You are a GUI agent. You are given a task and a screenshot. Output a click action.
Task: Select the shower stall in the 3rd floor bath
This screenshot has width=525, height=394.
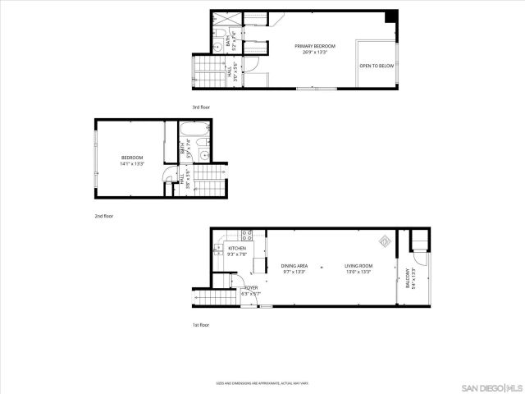pyautogui.click(x=221, y=19)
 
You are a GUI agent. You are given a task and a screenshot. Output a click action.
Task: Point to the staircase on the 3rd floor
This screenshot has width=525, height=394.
pyautogui.click(x=210, y=71)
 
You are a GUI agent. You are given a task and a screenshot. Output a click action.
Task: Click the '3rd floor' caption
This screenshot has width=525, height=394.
pyautogui.click(x=202, y=108)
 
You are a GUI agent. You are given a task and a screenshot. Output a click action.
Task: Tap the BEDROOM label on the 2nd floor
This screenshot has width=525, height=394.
pyautogui.click(x=132, y=158)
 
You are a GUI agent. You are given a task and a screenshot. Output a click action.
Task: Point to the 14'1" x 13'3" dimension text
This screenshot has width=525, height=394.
pyautogui.click(x=132, y=164)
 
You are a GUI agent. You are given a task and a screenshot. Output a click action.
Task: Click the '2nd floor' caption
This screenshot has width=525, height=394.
pyautogui.click(x=103, y=216)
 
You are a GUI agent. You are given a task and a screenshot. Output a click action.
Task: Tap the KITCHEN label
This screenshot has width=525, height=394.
pyautogui.click(x=237, y=248)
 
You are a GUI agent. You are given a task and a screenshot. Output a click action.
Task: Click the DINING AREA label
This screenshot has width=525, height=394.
pyautogui.click(x=294, y=265)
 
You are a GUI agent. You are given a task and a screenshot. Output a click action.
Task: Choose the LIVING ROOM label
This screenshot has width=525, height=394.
pyautogui.click(x=358, y=265)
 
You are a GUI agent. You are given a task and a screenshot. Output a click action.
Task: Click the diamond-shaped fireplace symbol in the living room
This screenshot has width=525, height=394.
pyautogui.click(x=383, y=241)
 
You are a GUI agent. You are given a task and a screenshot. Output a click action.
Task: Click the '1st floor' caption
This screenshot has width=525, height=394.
pyautogui.click(x=201, y=325)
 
